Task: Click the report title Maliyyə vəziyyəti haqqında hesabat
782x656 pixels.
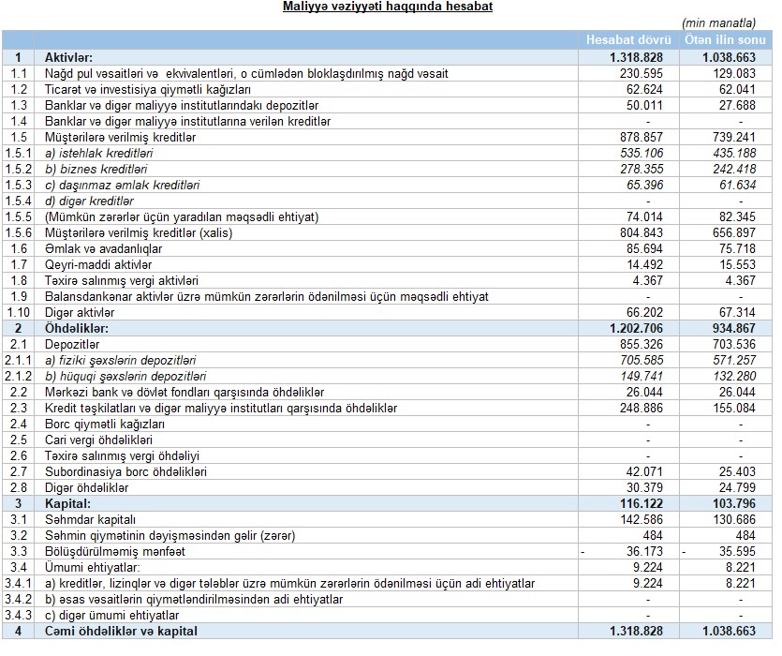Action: pos(388,7)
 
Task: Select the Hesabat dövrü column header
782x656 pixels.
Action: pos(628,40)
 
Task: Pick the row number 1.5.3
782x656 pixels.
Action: pos(18,185)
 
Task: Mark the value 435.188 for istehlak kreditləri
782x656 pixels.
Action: pos(734,153)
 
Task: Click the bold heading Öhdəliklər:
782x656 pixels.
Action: pos(77,328)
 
